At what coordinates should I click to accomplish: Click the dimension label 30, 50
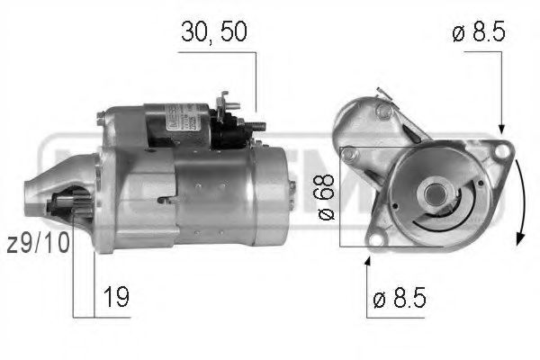214,31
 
